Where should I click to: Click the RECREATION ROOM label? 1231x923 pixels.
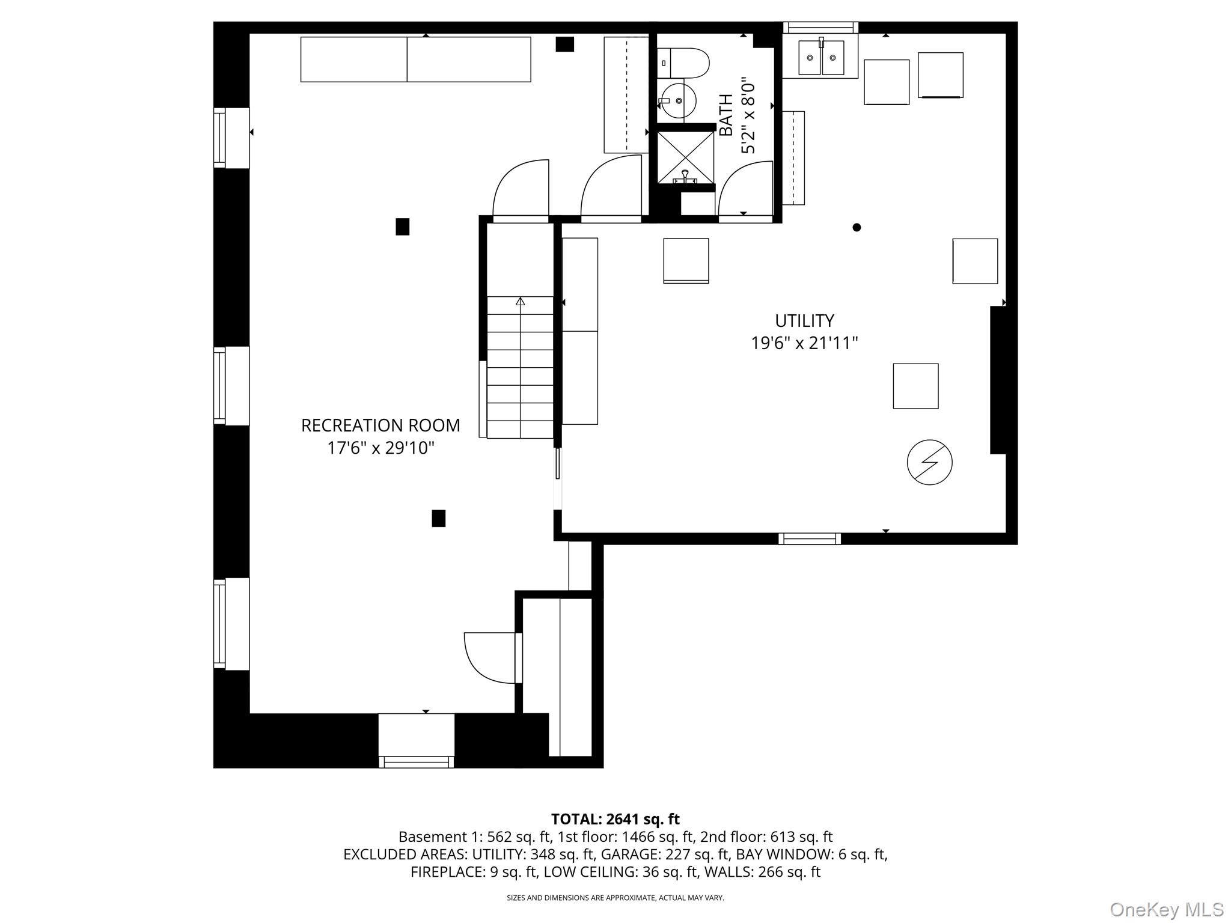point(380,425)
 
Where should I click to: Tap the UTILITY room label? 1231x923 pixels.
point(804,320)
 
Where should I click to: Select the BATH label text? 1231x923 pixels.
point(726,115)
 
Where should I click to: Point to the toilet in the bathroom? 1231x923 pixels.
point(683,63)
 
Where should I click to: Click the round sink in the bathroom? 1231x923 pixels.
point(677,101)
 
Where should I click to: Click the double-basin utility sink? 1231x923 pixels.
point(821,57)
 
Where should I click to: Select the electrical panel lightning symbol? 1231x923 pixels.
point(929,462)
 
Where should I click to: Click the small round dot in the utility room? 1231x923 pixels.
point(857,227)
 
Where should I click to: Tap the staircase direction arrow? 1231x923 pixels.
point(520,301)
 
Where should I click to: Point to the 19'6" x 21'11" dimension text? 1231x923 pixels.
point(804,343)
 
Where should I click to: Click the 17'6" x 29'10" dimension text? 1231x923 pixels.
point(380,448)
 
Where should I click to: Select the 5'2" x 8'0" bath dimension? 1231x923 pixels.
point(748,115)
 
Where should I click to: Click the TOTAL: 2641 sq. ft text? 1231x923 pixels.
point(615,819)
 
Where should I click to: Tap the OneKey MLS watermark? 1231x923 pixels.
point(1167,910)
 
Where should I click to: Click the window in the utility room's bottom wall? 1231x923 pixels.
point(810,538)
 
